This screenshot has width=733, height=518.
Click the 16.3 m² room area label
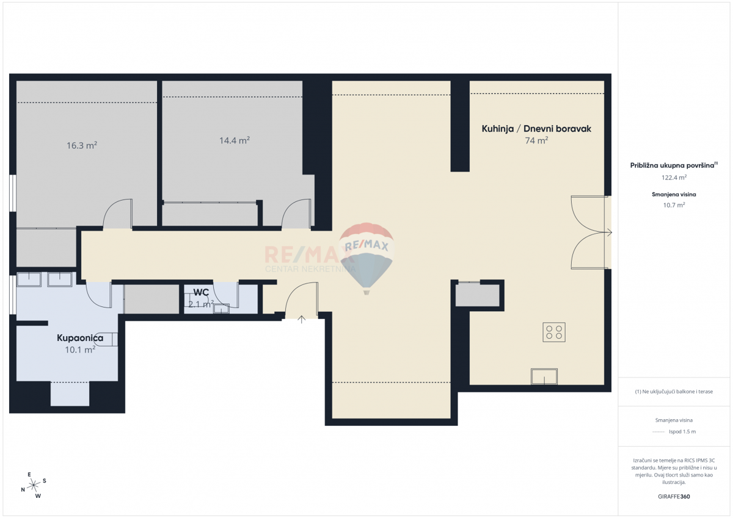coord(82,146)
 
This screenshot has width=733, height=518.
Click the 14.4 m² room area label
coord(235,140)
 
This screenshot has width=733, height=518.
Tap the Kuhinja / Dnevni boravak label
coord(536,129)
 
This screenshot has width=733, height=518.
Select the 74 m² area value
coord(536,140)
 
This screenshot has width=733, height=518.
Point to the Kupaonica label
coord(80,338)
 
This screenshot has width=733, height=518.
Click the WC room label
coord(201,292)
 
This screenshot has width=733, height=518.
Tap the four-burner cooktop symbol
coord(554,332)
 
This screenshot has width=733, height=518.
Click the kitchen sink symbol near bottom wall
coord(544,376)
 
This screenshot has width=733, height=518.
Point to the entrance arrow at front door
coord(302,319)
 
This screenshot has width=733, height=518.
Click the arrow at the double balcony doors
coord(608,232)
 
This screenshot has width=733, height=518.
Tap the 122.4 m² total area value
coord(674,178)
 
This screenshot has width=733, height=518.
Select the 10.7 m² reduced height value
coord(674,206)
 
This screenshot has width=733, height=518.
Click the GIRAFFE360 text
coord(674,496)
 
